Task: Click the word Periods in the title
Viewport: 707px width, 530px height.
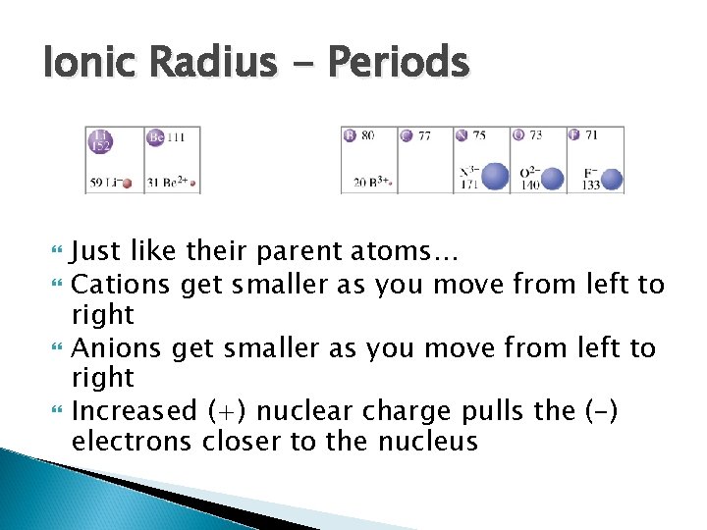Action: coord(397,64)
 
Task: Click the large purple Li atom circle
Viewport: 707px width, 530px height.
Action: coord(100,141)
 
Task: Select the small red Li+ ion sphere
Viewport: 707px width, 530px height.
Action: coord(127,183)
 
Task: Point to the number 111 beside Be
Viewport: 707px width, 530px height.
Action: coord(175,137)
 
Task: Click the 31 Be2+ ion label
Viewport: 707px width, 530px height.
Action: coord(166,183)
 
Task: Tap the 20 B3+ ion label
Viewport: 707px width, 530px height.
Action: coord(372,183)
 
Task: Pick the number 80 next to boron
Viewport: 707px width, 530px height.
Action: coord(367,135)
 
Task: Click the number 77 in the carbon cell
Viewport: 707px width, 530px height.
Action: coord(423,135)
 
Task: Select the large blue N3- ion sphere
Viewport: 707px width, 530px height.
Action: coord(496,177)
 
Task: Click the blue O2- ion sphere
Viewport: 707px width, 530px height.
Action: coord(553,178)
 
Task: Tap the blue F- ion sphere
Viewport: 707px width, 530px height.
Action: coord(612,179)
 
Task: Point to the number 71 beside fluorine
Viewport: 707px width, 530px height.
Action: coord(590,135)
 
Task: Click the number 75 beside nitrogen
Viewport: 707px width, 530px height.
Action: coord(478,135)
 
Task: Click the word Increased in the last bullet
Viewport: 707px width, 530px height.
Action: coord(136,410)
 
